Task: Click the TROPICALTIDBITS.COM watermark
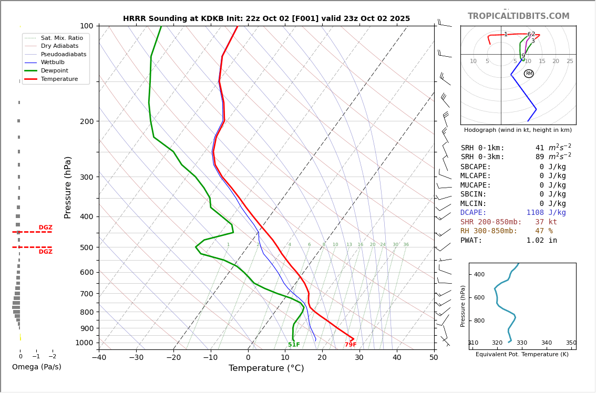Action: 518,16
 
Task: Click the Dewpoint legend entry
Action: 54,70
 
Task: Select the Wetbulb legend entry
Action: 52,62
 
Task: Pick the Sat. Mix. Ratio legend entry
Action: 61,38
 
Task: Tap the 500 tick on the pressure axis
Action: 86,247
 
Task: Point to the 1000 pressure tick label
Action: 84,343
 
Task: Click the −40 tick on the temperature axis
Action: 99,358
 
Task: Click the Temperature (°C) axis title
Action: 266,368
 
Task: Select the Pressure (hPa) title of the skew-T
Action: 68,187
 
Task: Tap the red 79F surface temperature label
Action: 351,345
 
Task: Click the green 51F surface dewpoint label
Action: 294,345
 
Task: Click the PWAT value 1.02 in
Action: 541,240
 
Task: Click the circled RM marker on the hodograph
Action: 529,74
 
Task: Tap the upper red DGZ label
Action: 45,227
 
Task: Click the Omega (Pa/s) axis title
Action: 36,367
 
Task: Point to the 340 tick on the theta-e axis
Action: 547,343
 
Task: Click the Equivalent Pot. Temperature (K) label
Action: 522,354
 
